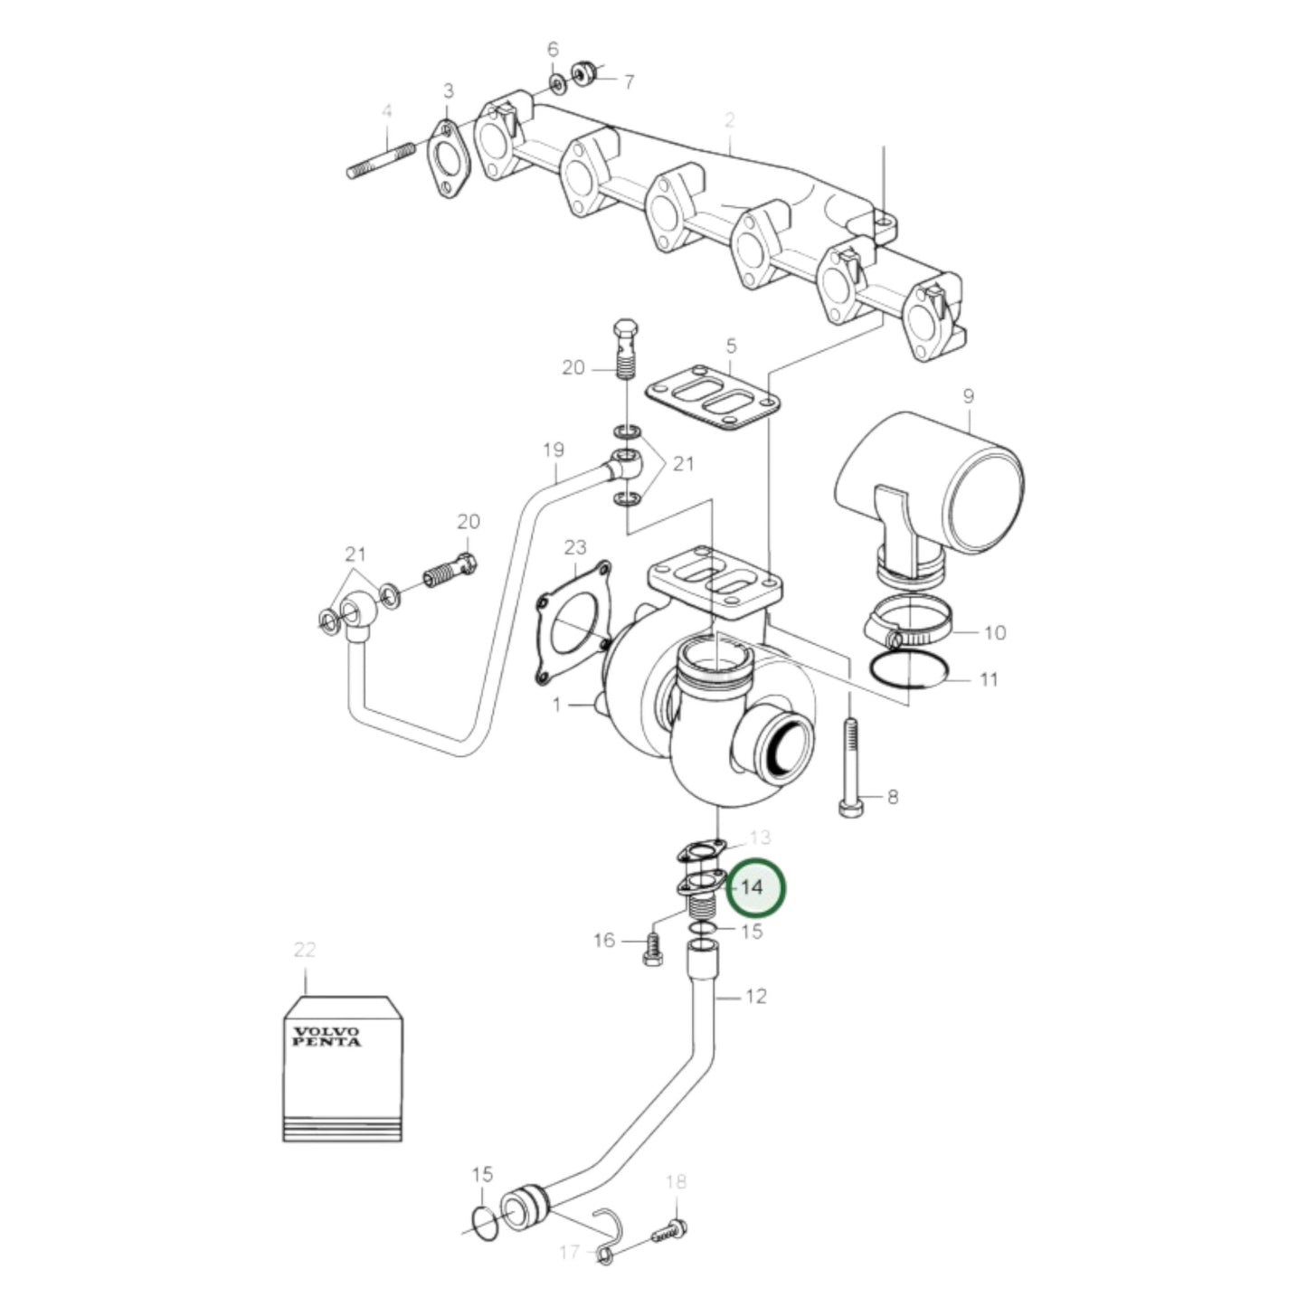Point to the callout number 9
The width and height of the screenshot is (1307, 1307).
click(968, 396)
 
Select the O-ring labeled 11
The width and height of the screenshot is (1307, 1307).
click(908, 673)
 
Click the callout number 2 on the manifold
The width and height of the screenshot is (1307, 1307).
click(729, 119)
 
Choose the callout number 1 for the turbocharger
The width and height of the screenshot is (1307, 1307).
click(557, 705)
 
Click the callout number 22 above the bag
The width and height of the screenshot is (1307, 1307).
click(305, 950)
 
